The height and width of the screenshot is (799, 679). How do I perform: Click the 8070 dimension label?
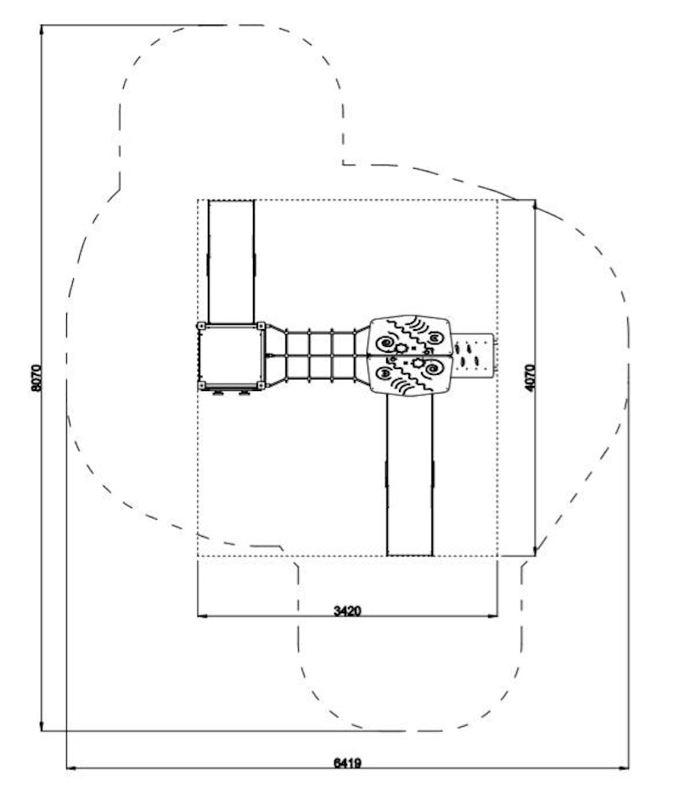[36, 377]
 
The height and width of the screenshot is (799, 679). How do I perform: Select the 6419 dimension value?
[348, 763]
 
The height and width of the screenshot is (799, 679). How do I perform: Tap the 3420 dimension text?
[348, 611]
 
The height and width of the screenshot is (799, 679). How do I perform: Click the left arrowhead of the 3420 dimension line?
[202, 616]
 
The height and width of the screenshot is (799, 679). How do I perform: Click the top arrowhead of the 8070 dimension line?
[42, 30]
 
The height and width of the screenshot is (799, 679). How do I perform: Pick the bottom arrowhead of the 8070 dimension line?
[42, 725]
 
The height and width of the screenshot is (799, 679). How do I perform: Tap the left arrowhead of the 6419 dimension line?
[72, 768]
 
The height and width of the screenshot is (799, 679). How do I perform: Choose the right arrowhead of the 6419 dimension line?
[623, 768]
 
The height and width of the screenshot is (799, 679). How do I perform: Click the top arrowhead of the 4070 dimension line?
[535, 205]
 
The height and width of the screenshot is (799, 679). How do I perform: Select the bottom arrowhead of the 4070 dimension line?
[535, 550]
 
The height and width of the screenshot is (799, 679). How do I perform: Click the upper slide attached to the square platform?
[231, 261]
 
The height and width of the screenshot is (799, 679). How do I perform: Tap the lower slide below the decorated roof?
[410, 475]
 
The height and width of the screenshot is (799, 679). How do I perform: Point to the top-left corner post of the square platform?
[201, 326]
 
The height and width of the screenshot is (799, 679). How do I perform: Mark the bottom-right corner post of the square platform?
[261, 385]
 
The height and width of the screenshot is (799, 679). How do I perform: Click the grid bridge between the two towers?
[320, 355]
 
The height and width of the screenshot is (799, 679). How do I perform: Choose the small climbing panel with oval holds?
[474, 355]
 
